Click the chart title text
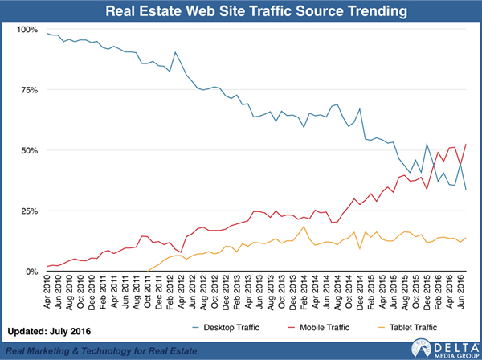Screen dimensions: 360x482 [241, 11]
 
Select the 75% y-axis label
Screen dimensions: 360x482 [29, 90]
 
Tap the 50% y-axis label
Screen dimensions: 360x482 [29, 150]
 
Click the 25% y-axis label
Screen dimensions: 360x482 [29, 211]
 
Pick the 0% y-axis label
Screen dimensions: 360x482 [31, 272]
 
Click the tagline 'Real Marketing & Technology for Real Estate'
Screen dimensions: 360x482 [112, 350]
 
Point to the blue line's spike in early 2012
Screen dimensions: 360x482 [176, 53]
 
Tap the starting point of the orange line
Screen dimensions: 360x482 [149, 271]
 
